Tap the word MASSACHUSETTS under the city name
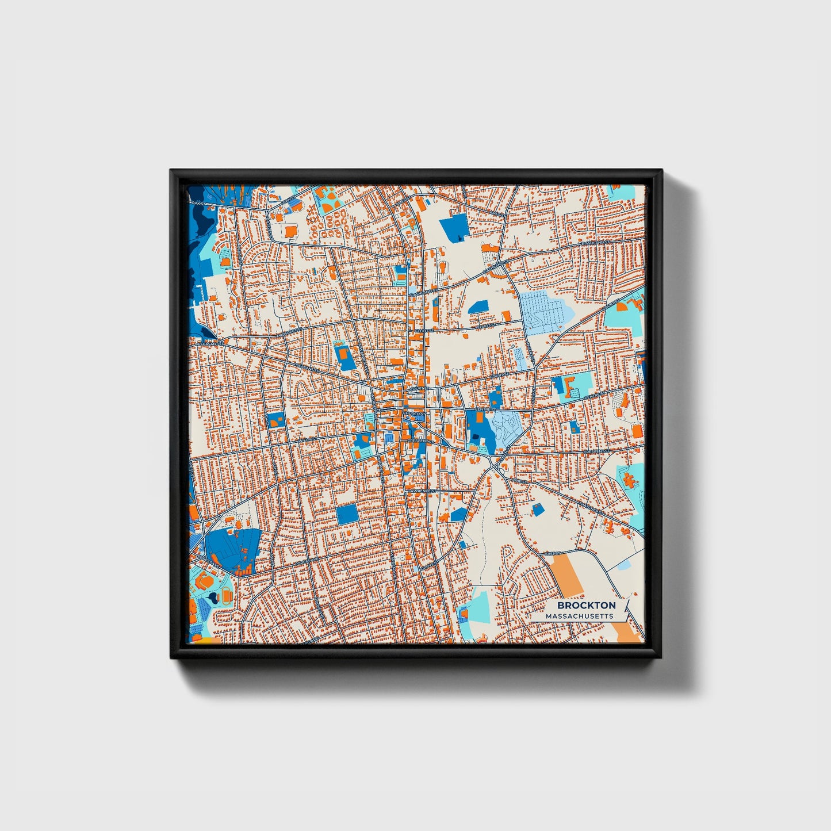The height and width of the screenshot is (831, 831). [579, 616]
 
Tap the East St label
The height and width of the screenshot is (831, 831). [553, 553]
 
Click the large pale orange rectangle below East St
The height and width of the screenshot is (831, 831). [566, 575]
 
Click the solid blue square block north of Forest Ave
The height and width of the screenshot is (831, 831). [347, 514]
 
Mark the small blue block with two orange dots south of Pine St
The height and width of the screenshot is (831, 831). [537, 509]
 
